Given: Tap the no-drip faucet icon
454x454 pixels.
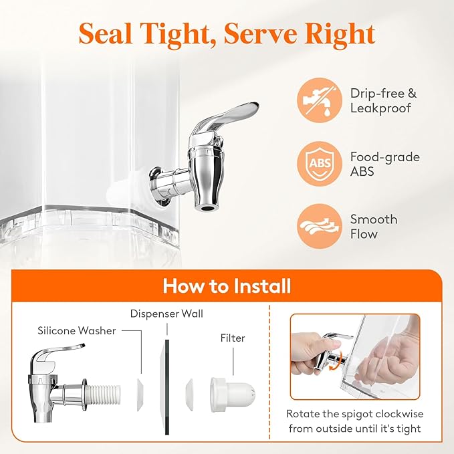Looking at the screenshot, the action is [x=320, y=100].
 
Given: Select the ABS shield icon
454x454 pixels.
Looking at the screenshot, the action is [x=320, y=164].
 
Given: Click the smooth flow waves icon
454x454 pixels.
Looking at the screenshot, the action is [x=320, y=226].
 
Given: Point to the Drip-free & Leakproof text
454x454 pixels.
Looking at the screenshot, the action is [x=383, y=100].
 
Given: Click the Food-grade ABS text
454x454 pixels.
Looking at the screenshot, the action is [x=385, y=164].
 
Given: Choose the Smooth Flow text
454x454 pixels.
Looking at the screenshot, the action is [x=374, y=227].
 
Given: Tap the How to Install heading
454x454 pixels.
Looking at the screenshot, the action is [x=227, y=286].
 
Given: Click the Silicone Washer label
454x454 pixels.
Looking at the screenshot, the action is [x=77, y=331].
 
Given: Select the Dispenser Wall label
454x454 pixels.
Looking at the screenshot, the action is [x=166, y=314].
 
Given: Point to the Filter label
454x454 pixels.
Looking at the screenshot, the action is [x=233, y=338].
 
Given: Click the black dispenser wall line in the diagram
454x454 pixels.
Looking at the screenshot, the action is [x=167, y=387].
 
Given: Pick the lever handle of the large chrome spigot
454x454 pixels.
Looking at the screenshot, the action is [x=229, y=116].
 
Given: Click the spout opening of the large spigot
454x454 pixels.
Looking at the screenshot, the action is [x=207, y=208].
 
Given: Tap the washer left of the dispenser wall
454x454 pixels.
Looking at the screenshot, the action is [x=140, y=394].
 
